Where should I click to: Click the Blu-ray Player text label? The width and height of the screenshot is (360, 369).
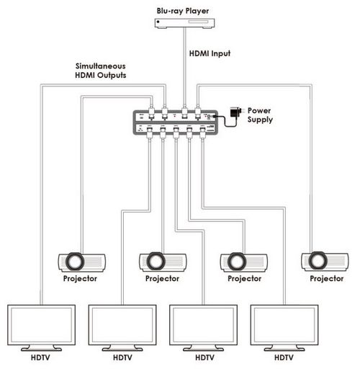(x=183, y=11)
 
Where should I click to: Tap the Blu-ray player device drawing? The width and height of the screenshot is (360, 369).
(x=184, y=24)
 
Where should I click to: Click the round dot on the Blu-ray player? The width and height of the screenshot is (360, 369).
(x=158, y=22)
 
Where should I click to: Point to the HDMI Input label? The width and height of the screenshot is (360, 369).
(x=210, y=53)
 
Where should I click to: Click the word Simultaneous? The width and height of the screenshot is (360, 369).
(x=101, y=66)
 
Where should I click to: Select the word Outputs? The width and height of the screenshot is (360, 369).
(x=112, y=76)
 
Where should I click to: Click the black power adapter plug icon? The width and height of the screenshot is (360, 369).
(x=235, y=112)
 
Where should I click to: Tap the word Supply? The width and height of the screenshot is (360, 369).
(x=260, y=120)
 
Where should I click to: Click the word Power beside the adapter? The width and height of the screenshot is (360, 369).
(x=259, y=111)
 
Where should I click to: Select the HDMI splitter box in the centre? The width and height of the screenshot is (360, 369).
(x=176, y=123)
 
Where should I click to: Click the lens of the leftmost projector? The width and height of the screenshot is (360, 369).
(x=75, y=262)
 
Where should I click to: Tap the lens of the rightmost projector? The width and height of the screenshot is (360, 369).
(x=318, y=261)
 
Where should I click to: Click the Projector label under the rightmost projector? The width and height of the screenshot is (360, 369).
(x=326, y=279)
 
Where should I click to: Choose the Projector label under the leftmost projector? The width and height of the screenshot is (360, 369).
(x=80, y=279)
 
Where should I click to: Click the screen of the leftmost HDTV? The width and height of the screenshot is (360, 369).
(x=41, y=325)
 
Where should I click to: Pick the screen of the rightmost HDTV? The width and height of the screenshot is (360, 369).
(x=284, y=325)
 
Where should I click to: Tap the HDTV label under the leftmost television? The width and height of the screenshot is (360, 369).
(x=40, y=357)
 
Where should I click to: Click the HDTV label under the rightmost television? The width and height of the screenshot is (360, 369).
(x=284, y=357)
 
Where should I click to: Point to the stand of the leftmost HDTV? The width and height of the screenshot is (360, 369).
(x=41, y=348)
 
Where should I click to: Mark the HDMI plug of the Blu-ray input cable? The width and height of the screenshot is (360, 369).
(x=184, y=112)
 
